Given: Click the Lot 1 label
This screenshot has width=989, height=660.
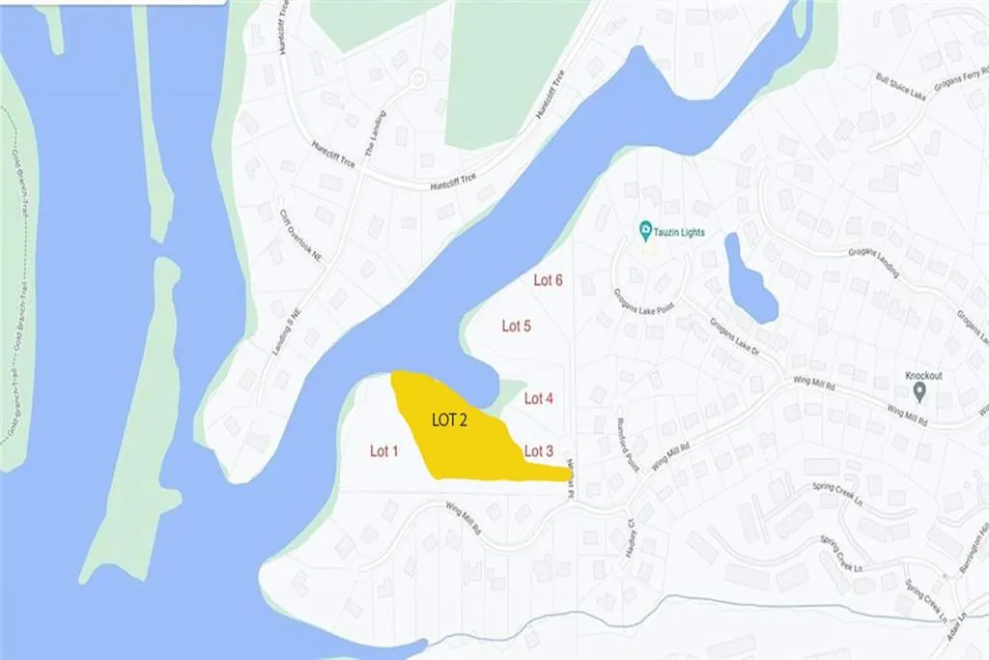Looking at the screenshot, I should pos(383,450).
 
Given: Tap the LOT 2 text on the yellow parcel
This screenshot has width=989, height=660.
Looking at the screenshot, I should pos(450,420).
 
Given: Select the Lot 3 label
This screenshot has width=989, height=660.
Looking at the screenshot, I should pos(538,450).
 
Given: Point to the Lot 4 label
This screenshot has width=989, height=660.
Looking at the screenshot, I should pos(538,397).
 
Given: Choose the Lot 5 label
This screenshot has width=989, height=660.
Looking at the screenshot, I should pos(517,326).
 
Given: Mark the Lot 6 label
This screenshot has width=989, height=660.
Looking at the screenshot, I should pos(548,280).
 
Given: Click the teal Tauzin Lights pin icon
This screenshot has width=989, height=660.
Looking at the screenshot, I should pos(645,231).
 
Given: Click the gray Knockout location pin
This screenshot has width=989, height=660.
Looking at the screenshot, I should pos(919,391).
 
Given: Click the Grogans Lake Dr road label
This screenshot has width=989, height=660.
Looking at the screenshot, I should pos(735,338).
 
